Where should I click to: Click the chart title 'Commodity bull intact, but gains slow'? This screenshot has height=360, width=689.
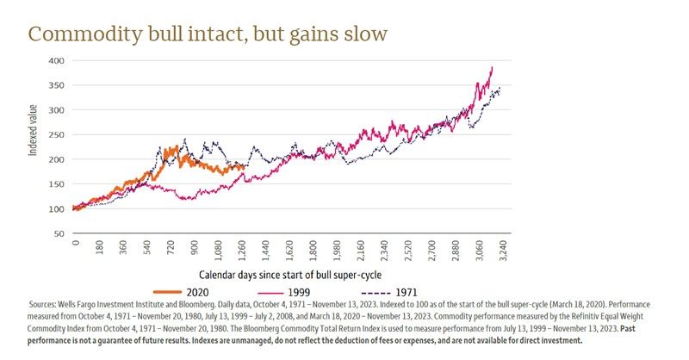coord(208,34)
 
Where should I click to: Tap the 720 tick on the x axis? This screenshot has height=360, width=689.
coord(172,251)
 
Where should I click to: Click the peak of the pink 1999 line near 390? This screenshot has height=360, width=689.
coord(492,67)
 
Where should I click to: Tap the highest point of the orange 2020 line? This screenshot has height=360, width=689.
coord(176,146)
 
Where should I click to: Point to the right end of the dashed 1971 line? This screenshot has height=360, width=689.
coord(500,87)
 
